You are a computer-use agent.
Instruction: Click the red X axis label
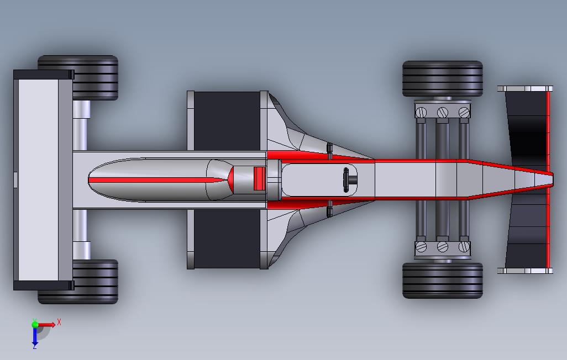59,322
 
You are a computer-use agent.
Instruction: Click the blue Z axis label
34,346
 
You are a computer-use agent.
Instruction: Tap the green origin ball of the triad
35,325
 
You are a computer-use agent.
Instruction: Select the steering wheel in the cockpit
348,179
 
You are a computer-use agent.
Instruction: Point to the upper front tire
442,78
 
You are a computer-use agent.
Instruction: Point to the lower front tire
442,280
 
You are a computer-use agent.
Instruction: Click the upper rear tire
94,77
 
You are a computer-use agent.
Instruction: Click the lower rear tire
94,282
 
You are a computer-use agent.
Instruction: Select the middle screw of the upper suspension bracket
442,112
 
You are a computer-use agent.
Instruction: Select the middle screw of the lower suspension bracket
442,247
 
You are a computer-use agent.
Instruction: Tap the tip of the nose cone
550,179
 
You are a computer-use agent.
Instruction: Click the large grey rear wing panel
38,179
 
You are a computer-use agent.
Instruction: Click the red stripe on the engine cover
155,180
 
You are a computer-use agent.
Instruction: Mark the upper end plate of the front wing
524,88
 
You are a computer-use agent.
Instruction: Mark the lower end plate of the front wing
524,271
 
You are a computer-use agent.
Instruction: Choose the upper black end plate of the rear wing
43,75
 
